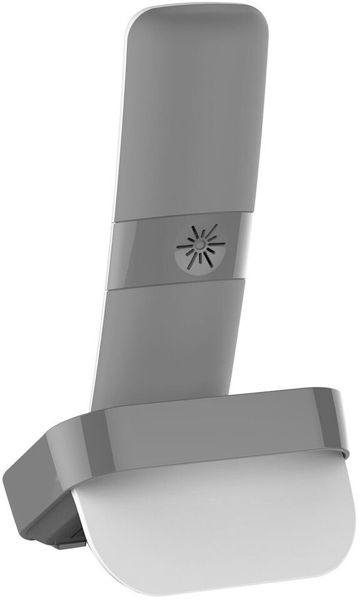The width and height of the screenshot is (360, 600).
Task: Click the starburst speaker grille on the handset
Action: [x=199, y=247]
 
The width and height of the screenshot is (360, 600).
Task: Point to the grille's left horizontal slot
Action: [x=185, y=246]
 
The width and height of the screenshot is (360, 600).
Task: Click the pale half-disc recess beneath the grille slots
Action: [x=198, y=262]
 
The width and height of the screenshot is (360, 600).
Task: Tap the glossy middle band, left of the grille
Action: [x=140, y=252]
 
